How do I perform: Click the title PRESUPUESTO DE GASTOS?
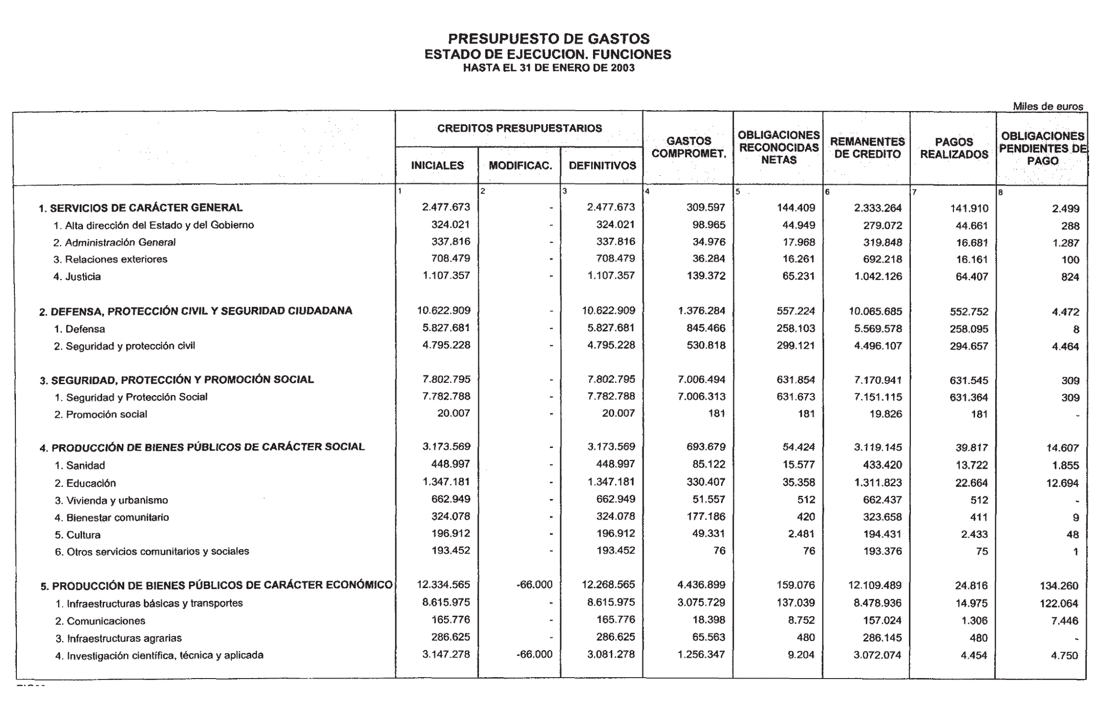(548, 38)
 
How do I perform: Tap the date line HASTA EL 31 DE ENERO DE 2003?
(548, 68)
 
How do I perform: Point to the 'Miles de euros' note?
(1048, 106)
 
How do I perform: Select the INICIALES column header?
(437, 165)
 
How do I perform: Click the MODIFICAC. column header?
(520, 165)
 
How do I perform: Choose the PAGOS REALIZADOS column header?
(954, 148)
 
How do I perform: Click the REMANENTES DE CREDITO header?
(867, 148)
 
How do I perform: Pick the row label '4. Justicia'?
(77, 276)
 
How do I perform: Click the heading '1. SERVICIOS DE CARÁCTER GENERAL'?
(141, 208)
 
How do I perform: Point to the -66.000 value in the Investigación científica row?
(534, 655)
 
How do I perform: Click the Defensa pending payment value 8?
(1076, 329)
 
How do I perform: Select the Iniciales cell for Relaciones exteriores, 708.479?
(450, 259)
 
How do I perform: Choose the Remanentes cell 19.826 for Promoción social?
(885, 414)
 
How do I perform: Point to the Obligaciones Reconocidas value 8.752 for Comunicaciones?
(801, 620)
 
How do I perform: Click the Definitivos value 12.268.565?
(608, 585)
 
